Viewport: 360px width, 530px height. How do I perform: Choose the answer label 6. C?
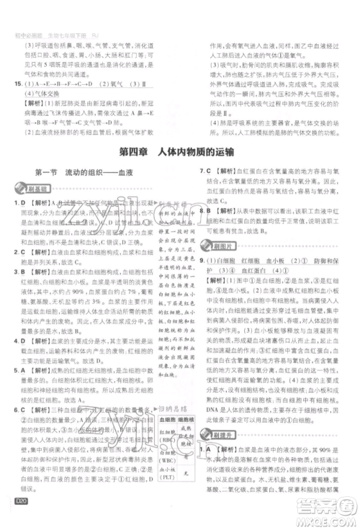tap(17, 409)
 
